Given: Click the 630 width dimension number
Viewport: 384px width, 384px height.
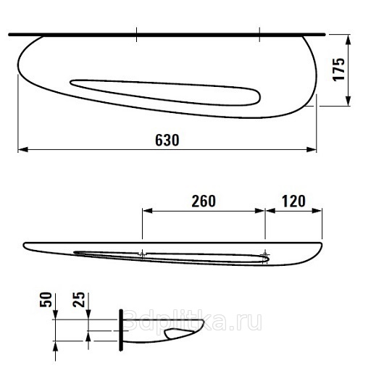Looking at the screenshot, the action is point(167,140).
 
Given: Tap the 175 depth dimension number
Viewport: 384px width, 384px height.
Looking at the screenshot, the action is point(338,70).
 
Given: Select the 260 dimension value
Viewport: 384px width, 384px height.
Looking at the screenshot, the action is point(204,201).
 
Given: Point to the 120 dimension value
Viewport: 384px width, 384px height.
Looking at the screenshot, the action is point(293,201).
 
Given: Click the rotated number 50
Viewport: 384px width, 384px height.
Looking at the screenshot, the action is point(46,300).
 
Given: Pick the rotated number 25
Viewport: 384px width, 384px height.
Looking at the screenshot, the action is point(79,300).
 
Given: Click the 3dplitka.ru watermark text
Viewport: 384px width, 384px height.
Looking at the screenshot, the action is point(192,320).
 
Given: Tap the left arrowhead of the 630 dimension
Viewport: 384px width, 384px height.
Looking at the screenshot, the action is point(23,149).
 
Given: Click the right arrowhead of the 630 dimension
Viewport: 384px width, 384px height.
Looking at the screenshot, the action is point(312,149).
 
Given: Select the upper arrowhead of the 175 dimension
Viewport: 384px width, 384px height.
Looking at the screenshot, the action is point(348,40).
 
